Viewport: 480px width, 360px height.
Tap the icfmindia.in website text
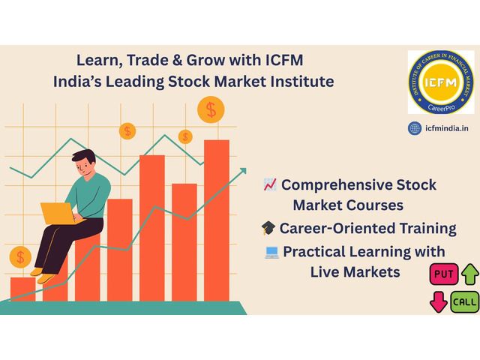[x=447, y=128]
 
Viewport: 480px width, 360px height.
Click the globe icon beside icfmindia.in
[x=414, y=128]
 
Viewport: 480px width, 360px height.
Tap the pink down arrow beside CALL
[x=436, y=302]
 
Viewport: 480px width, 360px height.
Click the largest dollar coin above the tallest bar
[x=211, y=110]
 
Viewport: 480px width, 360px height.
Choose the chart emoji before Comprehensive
[x=270, y=184]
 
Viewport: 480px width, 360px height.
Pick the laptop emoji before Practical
[x=271, y=252]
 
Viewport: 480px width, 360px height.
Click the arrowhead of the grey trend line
[x=241, y=172]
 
